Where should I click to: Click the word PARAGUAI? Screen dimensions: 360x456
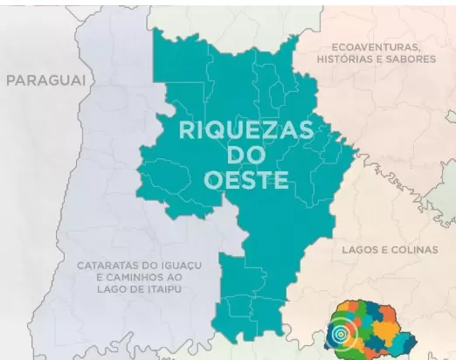click(x=47, y=80)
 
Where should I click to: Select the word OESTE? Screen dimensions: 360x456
click(x=233, y=180)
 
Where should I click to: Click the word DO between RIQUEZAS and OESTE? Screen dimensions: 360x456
click(x=233, y=156)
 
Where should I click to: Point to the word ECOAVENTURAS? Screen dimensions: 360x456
click(x=377, y=45)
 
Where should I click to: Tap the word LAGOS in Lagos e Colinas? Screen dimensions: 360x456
click(x=356, y=249)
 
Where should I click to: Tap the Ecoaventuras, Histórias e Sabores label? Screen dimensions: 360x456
click(x=377, y=52)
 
